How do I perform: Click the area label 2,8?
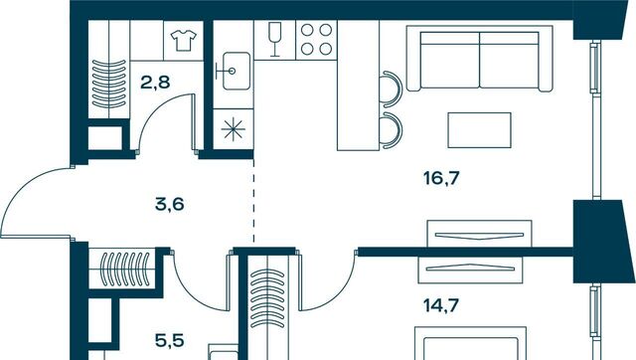pos(155,83)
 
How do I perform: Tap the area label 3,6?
pos(170,204)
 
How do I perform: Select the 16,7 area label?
pos(441,178)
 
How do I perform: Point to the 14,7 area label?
pos(441,305)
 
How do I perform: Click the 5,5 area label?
pos(170,340)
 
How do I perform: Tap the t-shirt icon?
pos(184,40)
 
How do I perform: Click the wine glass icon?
pos(275,40)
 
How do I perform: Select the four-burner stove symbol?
pos(316,40)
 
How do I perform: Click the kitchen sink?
pos(235,71)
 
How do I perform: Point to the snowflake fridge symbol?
pos(234,129)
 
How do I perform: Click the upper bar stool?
pos(392,90)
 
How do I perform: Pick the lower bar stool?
pos(392,130)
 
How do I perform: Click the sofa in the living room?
pos(480,59)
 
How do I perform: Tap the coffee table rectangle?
pos(479,130)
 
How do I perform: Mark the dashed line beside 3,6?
pos(254,200)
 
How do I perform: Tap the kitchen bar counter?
pos(359,86)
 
